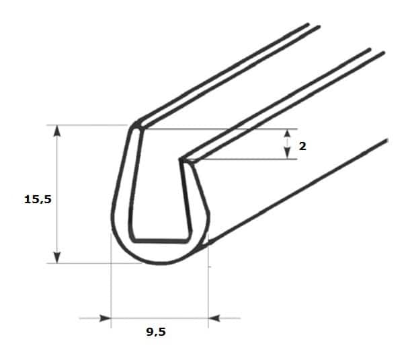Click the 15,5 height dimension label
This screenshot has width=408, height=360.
pyautogui.click(x=38, y=199)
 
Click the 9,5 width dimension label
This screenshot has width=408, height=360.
pyautogui.click(x=156, y=332)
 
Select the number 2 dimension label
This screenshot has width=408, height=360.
pyautogui.click(x=302, y=147)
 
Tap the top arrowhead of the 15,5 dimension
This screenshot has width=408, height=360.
pyautogui.click(x=57, y=131)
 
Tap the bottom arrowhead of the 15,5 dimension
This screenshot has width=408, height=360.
pyautogui.click(x=57, y=258)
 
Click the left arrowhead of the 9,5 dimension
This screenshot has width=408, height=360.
pyautogui.click(x=106, y=318)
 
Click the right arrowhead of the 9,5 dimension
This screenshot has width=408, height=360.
pyautogui.click(x=214, y=318)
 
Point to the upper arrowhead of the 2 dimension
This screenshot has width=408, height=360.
pyautogui.click(x=287, y=133)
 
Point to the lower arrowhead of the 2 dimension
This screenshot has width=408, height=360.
pyautogui.click(x=287, y=154)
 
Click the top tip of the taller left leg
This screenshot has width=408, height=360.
pyautogui.click(x=136, y=124)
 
